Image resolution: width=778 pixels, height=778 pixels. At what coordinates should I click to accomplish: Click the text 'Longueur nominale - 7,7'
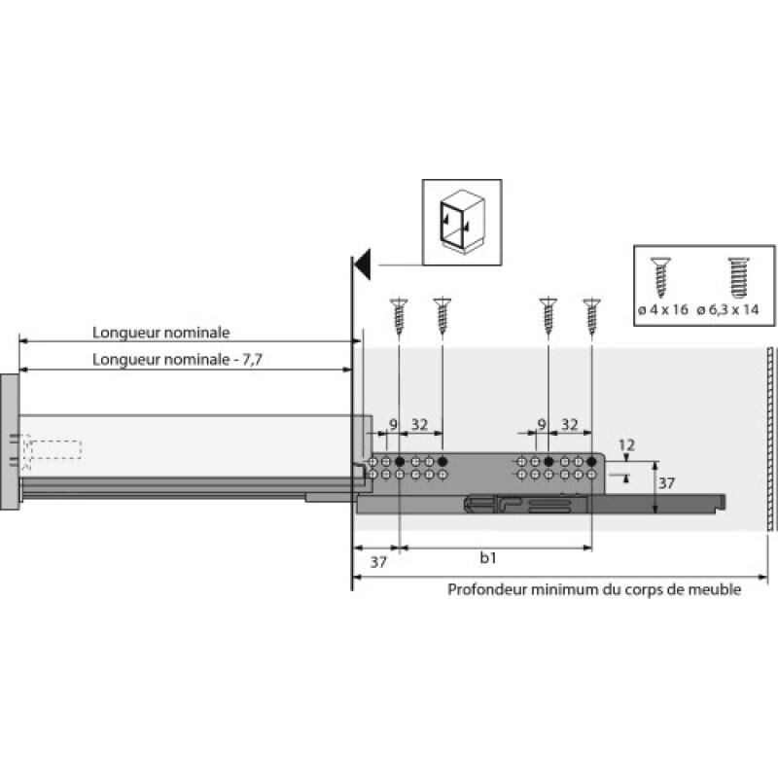[179, 360]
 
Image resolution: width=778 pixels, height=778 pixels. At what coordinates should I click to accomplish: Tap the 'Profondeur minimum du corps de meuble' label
[593, 589]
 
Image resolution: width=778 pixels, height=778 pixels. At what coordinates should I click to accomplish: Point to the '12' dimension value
[626, 446]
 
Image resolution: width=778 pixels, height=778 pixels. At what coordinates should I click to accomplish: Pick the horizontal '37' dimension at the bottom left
[378, 561]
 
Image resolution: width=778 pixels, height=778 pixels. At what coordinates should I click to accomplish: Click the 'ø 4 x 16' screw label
[663, 309]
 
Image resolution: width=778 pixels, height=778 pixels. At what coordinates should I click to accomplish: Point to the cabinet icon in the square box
[462, 223]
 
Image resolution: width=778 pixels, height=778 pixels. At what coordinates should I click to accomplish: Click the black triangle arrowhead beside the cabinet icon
[363, 263]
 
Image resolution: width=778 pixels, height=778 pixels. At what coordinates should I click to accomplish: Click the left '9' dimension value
[393, 424]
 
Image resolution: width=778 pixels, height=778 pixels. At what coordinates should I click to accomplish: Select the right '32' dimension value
[571, 424]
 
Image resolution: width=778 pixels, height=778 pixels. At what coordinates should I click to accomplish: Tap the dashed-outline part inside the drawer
[53, 450]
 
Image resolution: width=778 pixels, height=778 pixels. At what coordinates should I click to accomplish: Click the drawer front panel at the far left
[9, 442]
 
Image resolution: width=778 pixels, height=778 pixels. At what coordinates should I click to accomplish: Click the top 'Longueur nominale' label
[161, 332]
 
